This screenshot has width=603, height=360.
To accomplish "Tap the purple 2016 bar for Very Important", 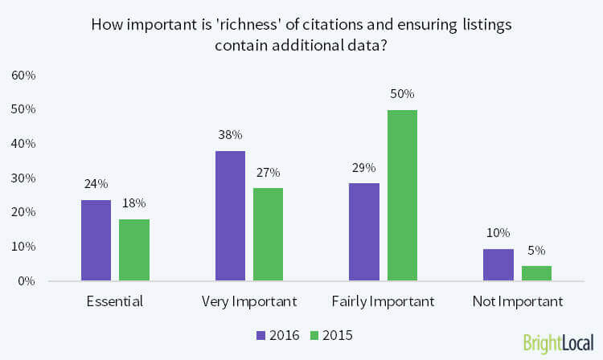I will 231,216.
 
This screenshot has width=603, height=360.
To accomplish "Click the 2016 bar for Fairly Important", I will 364,232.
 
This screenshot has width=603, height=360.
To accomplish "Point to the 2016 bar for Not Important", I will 498,264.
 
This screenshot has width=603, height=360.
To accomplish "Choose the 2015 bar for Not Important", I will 535,273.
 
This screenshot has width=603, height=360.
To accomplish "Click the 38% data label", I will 231,135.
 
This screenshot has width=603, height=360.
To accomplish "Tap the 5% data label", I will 535,249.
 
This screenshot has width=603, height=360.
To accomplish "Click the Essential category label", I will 114,302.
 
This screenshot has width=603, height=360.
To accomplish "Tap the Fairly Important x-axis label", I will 383,302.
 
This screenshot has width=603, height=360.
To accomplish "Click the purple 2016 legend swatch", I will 260,334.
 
